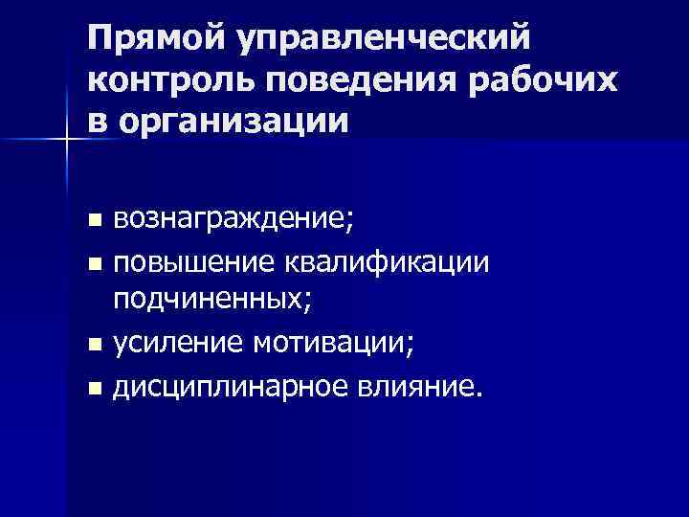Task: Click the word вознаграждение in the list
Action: tap(231, 220)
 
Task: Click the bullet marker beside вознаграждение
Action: tap(93, 221)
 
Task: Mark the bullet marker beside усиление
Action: tap(93, 346)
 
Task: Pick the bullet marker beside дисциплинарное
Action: tap(93, 388)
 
